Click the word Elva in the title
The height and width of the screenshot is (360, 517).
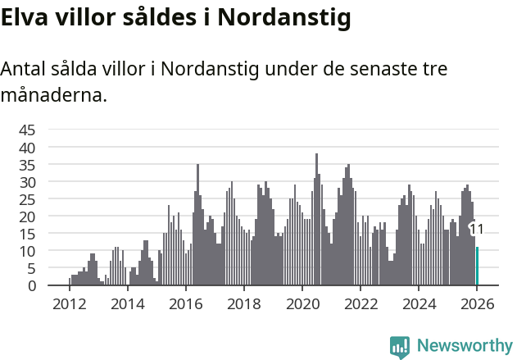(25, 17)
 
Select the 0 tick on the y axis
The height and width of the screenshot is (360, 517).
(32, 285)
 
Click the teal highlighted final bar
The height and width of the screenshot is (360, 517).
(478, 267)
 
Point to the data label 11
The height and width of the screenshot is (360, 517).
(476, 230)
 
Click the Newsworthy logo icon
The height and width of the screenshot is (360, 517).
(400, 347)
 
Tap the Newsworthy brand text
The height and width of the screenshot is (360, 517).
(464, 346)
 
